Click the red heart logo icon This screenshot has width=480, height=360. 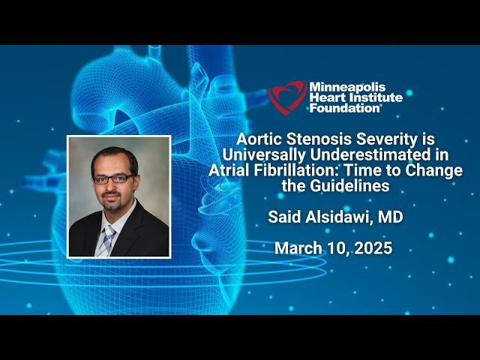tap(287, 97)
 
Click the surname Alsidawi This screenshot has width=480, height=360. tap(344, 218)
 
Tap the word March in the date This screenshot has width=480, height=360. tap(297, 248)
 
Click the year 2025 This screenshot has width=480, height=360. tap(373, 248)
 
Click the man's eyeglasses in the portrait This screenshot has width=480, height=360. tap(113, 179)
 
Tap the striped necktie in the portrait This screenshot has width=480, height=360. tap(108, 239)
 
